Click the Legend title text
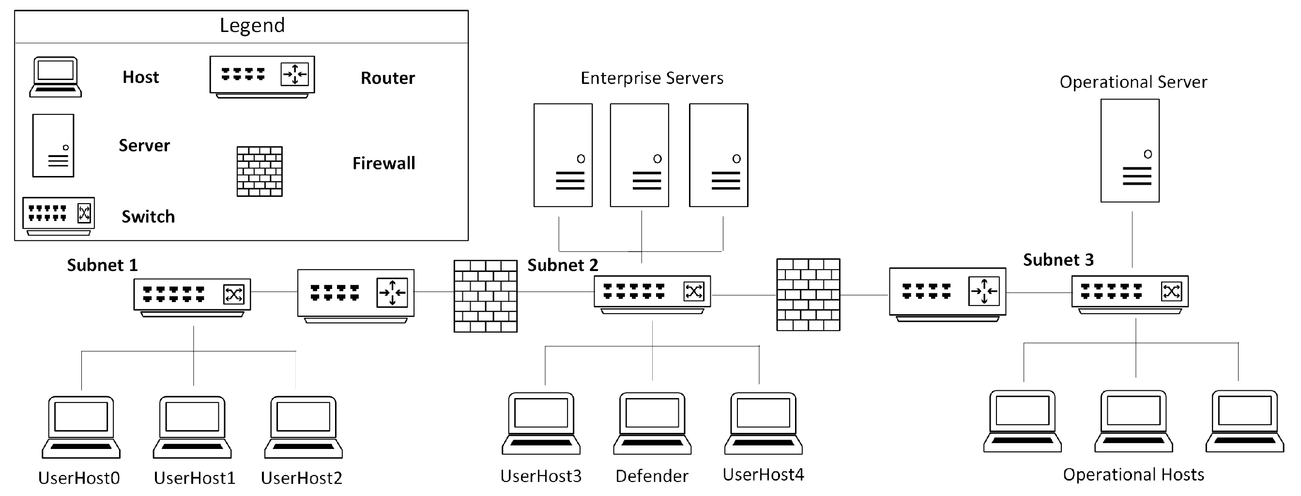tap(252, 25)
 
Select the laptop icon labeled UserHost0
tap(81, 427)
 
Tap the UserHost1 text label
tap(195, 478)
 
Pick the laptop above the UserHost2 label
tap(304, 427)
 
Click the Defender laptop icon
tap(652, 424)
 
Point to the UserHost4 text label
tap(763, 475)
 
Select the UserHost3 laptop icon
tap(541, 424)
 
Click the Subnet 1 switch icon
tap(192, 298)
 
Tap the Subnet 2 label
tap(563, 265)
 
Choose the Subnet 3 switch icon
tap(1130, 295)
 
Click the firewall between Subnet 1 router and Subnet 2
tap(485, 296)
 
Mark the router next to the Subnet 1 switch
tap(355, 296)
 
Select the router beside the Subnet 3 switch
tap(948, 295)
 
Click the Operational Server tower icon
tap(1130, 151)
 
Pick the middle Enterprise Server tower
tap(640, 155)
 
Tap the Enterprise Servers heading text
tap(652, 78)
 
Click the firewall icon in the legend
tap(260, 172)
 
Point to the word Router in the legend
tap(387, 78)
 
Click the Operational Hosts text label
tap(1133, 475)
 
